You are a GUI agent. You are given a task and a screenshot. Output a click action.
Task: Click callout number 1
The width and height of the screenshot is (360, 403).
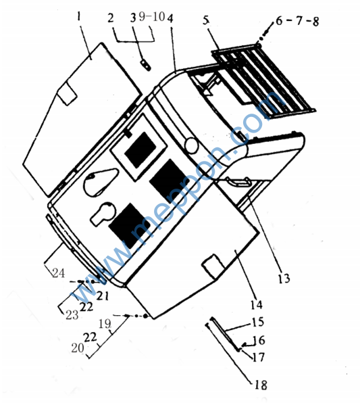[x=79, y=17]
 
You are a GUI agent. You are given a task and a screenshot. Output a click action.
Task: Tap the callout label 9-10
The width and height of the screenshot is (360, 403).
[x=152, y=17]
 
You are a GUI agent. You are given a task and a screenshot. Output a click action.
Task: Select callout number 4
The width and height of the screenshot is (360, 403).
[x=170, y=18]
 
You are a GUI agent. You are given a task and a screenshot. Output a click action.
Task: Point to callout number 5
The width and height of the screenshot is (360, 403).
[x=206, y=20]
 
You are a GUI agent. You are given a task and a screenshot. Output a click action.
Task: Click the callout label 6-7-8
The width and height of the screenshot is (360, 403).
[x=298, y=21]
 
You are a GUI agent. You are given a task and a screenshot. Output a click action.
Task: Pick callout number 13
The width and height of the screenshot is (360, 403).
[x=284, y=279]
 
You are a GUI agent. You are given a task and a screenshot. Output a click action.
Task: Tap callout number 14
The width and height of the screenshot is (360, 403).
[x=257, y=304]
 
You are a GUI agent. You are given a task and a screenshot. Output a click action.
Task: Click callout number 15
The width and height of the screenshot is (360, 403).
[x=258, y=322]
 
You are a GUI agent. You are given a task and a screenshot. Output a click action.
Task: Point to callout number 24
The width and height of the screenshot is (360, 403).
[x=59, y=272]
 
